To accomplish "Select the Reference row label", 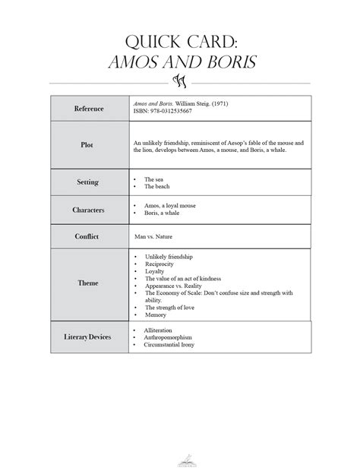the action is [x=89, y=109].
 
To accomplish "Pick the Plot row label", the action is [x=89, y=144].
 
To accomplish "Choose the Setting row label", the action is [x=89, y=182].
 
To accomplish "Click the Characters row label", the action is [x=89, y=210].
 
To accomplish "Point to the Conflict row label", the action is [x=89, y=236].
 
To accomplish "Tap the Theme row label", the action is [x=89, y=283].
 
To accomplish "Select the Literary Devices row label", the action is [x=89, y=335].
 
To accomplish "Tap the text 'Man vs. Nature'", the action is [x=153, y=237].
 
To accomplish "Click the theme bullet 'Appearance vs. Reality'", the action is [x=175, y=286].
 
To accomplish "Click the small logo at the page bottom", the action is [x=180, y=458].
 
